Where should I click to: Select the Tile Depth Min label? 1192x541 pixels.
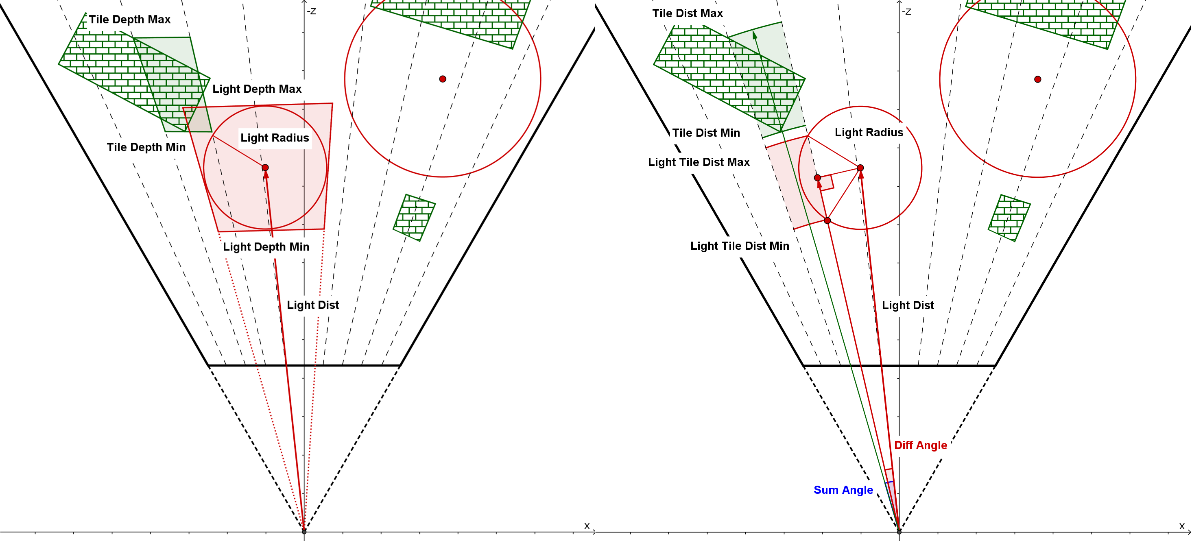tap(146, 147)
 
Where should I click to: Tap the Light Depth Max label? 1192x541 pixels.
tap(257, 89)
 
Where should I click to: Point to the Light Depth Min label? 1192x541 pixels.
tap(266, 247)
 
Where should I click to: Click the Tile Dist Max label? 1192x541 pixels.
tap(687, 13)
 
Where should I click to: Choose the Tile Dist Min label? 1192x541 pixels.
tap(706, 133)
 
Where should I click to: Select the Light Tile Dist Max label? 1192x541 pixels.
tap(699, 162)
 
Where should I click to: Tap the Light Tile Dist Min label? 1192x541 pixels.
tap(740, 246)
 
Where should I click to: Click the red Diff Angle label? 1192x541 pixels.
tap(920, 445)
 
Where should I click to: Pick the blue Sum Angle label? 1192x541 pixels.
tap(843, 490)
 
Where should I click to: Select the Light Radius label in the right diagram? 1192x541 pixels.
tap(869, 132)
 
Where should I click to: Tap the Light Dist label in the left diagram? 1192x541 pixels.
tap(313, 305)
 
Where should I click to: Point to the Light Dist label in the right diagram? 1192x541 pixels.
tap(908, 305)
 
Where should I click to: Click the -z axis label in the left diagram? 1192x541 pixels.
tap(311, 11)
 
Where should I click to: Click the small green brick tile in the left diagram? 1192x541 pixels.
tap(414, 218)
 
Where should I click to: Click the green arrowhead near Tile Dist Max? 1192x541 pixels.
tap(755, 35)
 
